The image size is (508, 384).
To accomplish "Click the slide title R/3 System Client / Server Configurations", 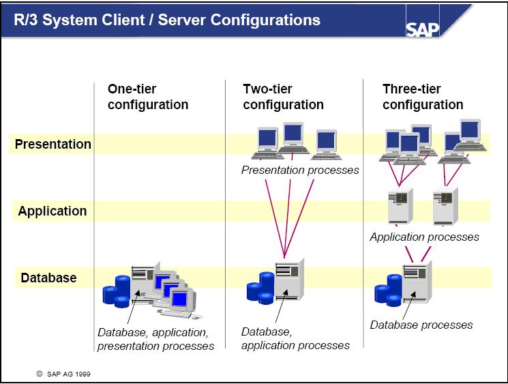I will [x=168, y=20].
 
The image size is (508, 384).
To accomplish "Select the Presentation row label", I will [x=53, y=144].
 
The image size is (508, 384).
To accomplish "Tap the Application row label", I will [x=53, y=211].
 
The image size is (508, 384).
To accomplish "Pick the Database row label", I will [x=48, y=278].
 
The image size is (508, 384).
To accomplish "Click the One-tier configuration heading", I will [x=147, y=97].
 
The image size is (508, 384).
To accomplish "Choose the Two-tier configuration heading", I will [x=283, y=97].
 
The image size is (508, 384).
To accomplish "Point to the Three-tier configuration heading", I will [x=423, y=97].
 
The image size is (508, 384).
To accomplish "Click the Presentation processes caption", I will [x=300, y=170].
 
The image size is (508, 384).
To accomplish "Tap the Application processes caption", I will [x=424, y=237].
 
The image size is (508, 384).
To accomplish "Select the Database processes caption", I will [x=421, y=325].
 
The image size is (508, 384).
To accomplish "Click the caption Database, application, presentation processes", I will [x=155, y=339].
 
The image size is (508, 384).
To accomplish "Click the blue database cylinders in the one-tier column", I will [x=116, y=290].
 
